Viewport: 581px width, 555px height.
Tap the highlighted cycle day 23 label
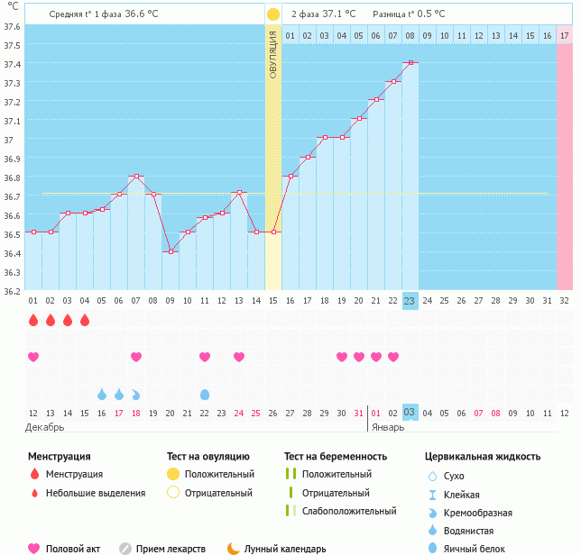[410, 300]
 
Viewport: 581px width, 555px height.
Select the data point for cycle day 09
[171, 251]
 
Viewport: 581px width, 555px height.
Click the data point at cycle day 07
[136, 176]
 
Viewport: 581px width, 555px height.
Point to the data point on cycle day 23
[410, 62]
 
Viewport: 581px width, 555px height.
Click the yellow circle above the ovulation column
[273, 14]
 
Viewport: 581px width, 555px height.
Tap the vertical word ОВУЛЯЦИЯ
[273, 55]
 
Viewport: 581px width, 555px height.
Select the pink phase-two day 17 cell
[565, 35]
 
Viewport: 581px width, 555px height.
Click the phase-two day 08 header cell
[410, 35]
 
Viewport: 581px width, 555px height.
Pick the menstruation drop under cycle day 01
[33, 320]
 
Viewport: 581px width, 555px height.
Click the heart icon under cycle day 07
[136, 357]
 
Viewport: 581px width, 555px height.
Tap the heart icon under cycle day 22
[393, 357]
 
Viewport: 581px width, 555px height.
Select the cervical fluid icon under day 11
[205, 394]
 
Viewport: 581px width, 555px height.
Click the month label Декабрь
[45, 426]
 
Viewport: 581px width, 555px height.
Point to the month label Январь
[390, 426]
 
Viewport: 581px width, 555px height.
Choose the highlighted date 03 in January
[410, 413]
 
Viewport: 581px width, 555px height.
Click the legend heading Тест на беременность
[336, 456]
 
